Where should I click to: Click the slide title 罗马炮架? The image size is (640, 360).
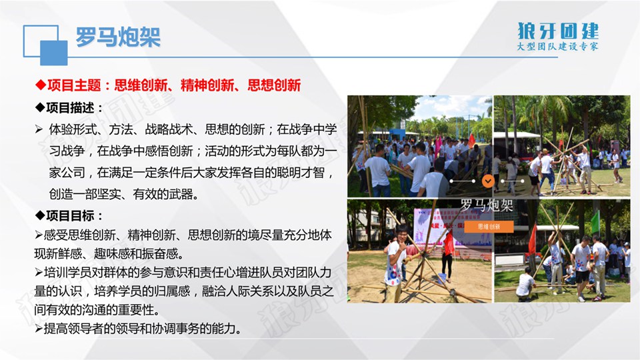118,37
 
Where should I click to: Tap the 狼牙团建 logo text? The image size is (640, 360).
557,31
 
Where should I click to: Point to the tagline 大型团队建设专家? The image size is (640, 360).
557,47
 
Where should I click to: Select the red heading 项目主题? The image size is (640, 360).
74,85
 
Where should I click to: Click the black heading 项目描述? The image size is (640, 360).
70,108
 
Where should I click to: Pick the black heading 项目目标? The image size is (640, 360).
70,215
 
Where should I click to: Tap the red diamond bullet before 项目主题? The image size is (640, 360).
41,85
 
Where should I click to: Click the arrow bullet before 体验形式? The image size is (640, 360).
39,130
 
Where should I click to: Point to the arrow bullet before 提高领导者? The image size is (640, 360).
39,328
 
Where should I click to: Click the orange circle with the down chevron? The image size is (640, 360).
488,181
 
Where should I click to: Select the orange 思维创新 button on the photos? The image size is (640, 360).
489,227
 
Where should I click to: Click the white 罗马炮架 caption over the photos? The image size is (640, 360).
487,205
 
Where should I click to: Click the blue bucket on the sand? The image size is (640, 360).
441,279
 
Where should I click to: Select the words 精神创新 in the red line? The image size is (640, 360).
207,85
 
